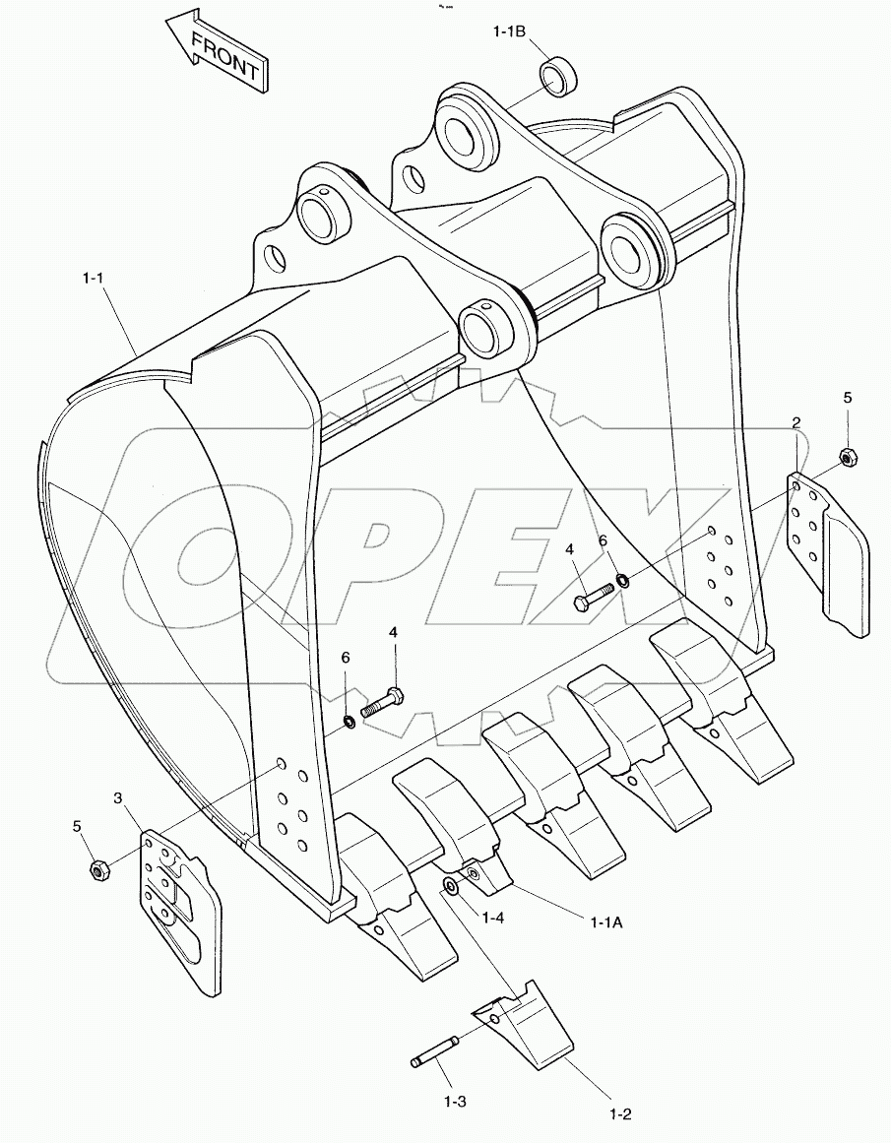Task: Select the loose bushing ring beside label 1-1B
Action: pyautogui.click(x=558, y=77)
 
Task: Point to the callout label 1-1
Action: pyautogui.click(x=94, y=280)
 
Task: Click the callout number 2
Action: pyautogui.click(x=796, y=422)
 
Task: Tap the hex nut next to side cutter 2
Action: pyautogui.click(x=846, y=456)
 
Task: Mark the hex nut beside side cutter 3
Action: pyautogui.click(x=97, y=868)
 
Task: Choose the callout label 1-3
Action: pyautogui.click(x=455, y=1100)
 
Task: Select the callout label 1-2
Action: pyautogui.click(x=620, y=1113)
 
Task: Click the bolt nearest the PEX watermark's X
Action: pyautogui.click(x=592, y=595)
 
